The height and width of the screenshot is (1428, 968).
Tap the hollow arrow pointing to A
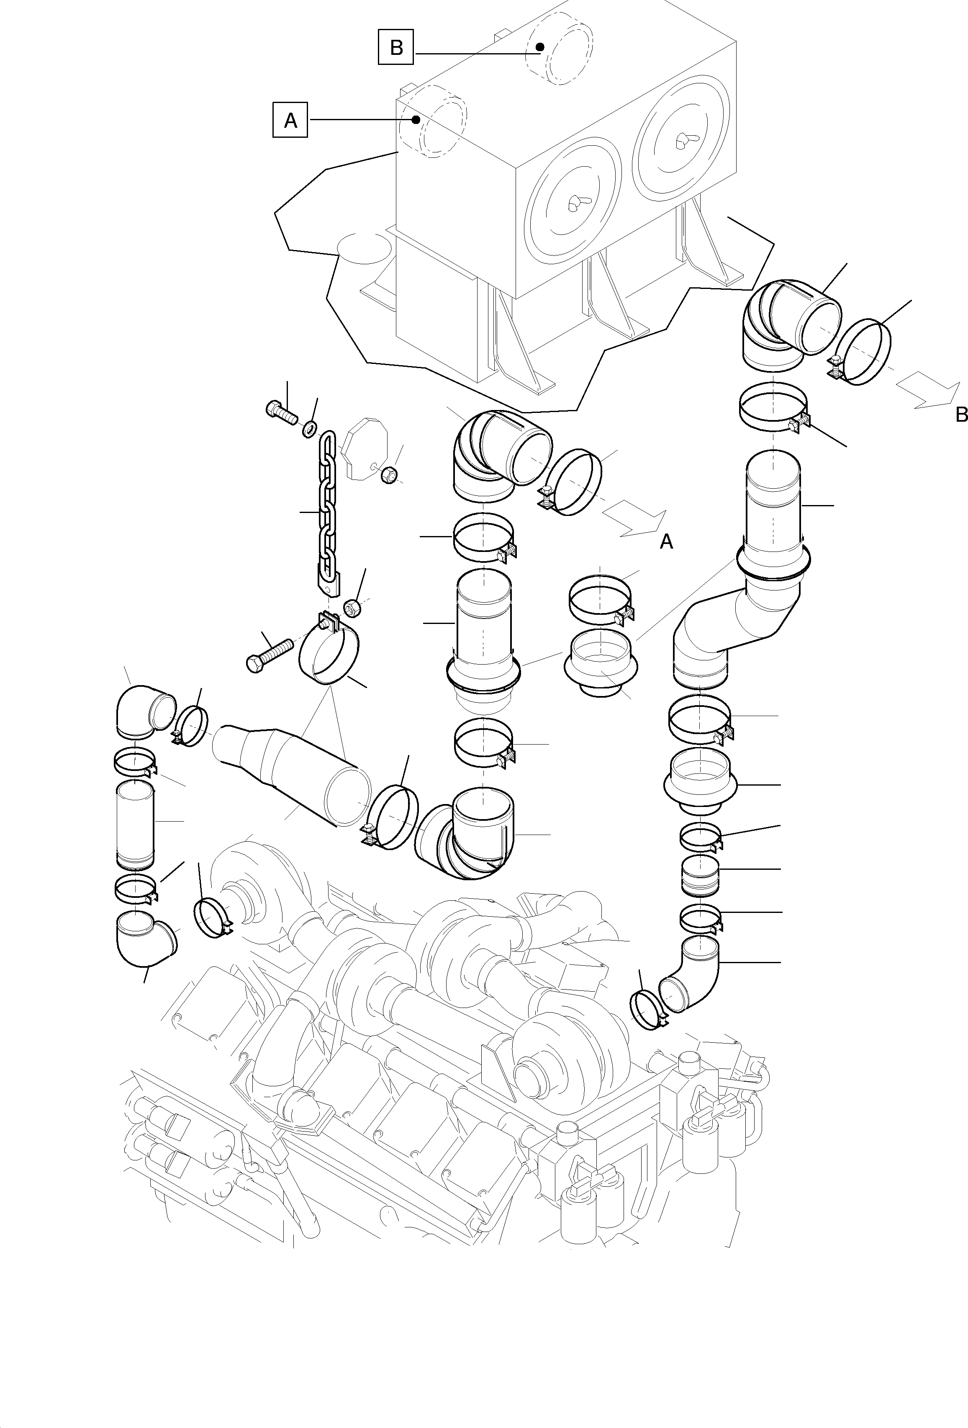point(633,519)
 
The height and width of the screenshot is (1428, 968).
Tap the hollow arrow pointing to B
point(927,392)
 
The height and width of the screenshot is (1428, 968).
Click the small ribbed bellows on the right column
point(699,877)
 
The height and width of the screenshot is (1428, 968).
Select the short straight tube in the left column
point(135,823)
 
